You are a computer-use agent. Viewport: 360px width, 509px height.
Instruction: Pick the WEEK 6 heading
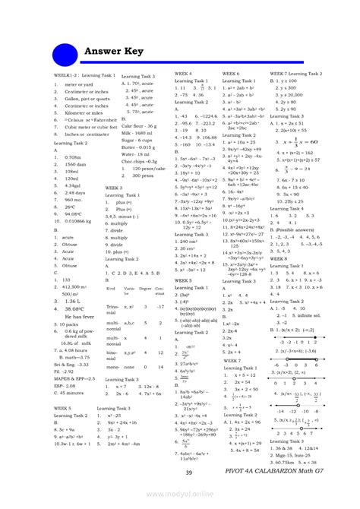pos(231,73)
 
